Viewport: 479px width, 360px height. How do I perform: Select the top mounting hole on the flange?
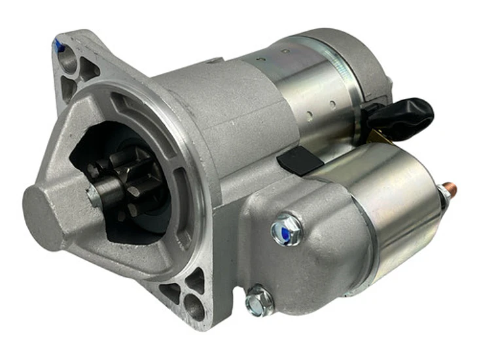67,60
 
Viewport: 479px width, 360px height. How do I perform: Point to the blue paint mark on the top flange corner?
58,46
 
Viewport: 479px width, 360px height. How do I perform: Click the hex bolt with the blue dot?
287,229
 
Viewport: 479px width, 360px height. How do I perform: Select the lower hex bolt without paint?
259,302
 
